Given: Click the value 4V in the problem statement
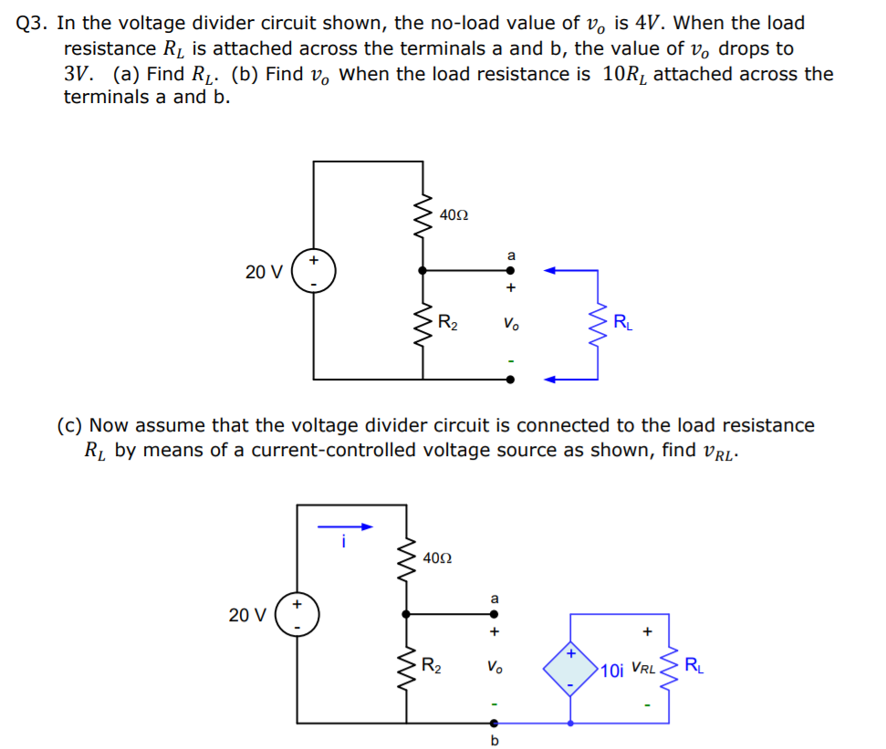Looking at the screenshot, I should (x=647, y=24).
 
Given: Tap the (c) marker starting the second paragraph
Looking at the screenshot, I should (x=70, y=425).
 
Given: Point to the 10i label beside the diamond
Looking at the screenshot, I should (x=612, y=671).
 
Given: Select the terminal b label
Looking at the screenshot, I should (x=495, y=741).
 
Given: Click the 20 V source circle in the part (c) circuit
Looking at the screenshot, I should (x=297, y=615).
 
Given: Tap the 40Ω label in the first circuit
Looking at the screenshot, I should (x=453, y=215).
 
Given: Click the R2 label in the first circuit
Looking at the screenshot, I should (x=448, y=321).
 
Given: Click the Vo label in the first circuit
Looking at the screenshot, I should (x=510, y=323).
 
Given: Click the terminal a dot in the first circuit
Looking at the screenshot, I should (x=510, y=270).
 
